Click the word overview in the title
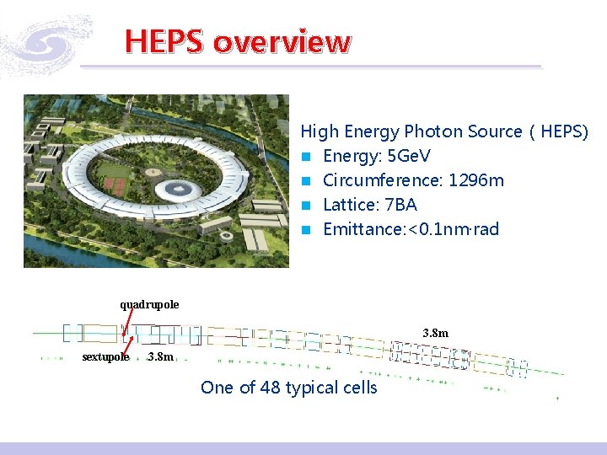282,40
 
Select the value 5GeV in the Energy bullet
406,156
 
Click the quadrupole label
149,303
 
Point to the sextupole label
105,357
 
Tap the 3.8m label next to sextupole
159,357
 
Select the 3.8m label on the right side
435,334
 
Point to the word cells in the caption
357,388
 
